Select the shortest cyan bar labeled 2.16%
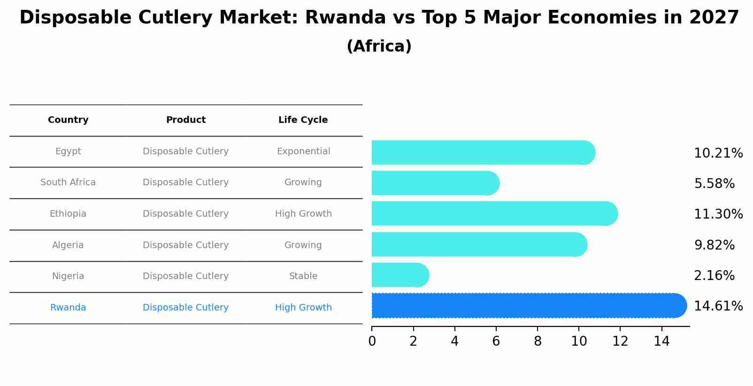[x=399, y=275]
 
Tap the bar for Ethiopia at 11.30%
[x=493, y=214]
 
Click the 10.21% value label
[x=718, y=153]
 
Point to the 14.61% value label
[x=718, y=306]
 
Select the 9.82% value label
[x=714, y=245]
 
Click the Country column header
[x=68, y=120]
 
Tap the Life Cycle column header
[x=303, y=120]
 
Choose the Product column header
[x=185, y=120]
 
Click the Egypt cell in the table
[x=68, y=151]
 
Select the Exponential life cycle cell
[x=303, y=151]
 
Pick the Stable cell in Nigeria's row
[x=303, y=276]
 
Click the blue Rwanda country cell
[x=68, y=308]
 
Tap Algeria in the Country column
[x=68, y=245]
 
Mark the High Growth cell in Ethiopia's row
[x=303, y=214]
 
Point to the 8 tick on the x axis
[x=538, y=341]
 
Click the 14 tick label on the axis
[x=661, y=341]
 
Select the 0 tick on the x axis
[x=372, y=341]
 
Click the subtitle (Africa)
[x=379, y=46]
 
